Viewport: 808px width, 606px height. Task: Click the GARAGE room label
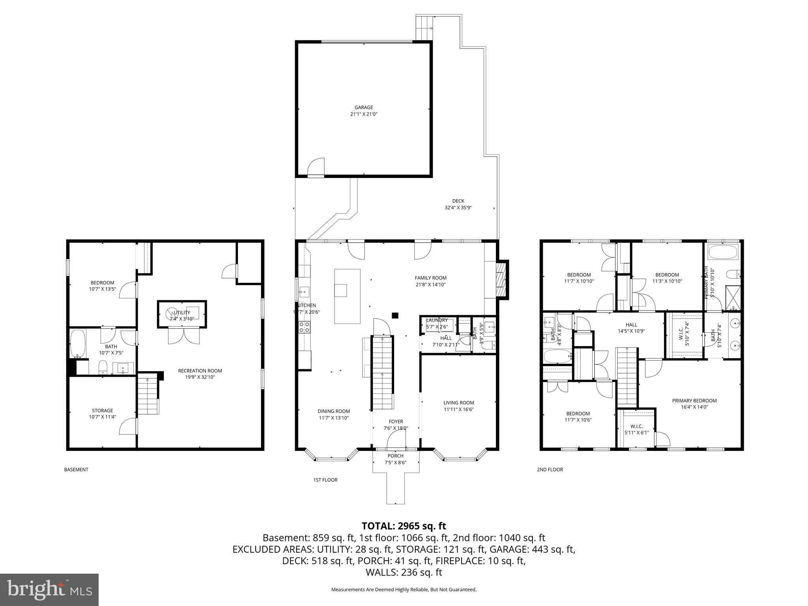363,107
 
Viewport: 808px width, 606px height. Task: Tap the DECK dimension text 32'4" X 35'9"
458,208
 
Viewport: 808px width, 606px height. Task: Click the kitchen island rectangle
347,296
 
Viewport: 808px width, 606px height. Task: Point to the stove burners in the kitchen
304,327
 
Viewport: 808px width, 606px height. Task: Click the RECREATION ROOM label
200,371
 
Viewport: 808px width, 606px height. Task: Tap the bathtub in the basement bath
78,343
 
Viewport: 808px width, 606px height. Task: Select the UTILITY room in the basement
182,314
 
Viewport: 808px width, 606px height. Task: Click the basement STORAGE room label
102,411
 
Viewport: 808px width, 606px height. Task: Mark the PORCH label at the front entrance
395,456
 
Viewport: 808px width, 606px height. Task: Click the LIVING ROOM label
458,403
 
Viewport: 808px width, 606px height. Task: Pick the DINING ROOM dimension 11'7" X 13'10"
334,418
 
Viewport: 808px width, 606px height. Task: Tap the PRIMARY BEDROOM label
694,401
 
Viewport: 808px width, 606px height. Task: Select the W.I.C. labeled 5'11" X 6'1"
636,430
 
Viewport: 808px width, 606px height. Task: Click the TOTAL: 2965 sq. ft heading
404,526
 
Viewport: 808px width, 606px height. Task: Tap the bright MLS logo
49,589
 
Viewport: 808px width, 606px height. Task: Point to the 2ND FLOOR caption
550,469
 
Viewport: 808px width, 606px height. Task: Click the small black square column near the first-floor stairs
395,315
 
